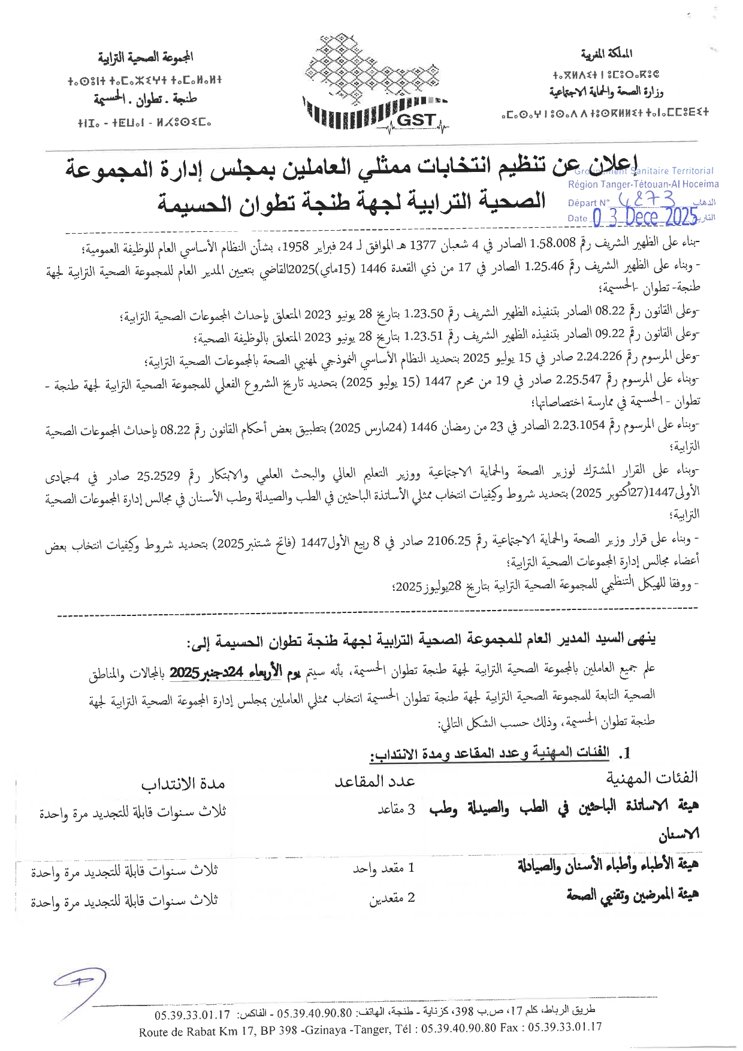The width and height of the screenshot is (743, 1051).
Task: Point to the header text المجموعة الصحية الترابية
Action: click(146, 58)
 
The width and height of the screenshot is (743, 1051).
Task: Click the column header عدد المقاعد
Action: click(374, 781)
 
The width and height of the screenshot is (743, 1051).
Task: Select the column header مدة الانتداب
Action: click(183, 784)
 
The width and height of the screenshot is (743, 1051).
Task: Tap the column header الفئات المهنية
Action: click(652, 778)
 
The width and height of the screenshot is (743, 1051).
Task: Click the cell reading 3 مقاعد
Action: click(396, 810)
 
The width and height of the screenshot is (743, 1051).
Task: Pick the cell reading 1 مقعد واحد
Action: click(383, 868)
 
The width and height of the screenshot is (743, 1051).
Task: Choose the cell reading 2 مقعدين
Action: click(392, 898)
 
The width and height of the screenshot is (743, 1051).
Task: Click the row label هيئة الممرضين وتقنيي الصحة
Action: click(632, 896)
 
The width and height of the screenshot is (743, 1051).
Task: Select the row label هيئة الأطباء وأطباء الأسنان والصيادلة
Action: click(608, 865)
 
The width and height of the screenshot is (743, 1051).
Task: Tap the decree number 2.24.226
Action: click(599, 358)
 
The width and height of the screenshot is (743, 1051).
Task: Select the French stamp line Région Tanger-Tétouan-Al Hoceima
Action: click(643, 185)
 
